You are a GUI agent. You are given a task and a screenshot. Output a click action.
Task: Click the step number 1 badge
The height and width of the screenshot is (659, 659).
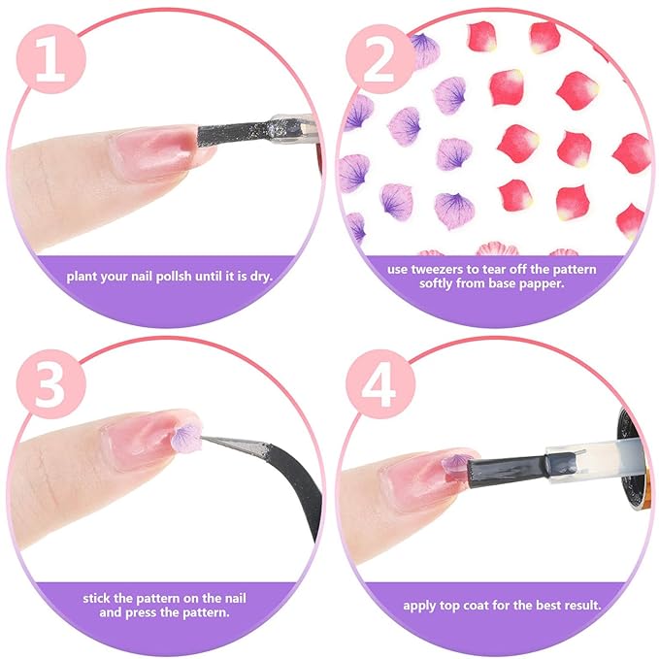[x=51, y=59]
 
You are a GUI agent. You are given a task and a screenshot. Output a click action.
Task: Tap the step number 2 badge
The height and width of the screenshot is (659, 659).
[x=380, y=59]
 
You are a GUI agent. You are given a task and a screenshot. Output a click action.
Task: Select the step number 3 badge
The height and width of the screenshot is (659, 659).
[x=51, y=385]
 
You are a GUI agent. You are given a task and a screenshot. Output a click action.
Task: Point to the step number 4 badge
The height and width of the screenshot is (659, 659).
[x=380, y=385]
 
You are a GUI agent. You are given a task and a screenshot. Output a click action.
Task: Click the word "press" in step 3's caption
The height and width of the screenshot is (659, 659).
[x=143, y=612]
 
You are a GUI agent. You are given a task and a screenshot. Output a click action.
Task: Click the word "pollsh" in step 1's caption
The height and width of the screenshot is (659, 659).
[x=175, y=277]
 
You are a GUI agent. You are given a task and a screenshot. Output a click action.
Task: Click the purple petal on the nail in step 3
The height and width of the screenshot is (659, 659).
[x=186, y=437]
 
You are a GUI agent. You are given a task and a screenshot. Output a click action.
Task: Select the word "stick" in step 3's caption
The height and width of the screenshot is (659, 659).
[x=96, y=599]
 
